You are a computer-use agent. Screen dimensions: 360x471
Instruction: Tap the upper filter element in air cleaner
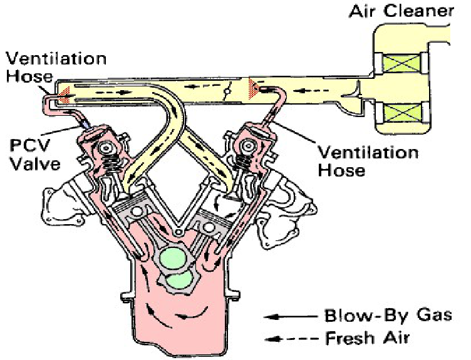[x=399, y=63]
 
